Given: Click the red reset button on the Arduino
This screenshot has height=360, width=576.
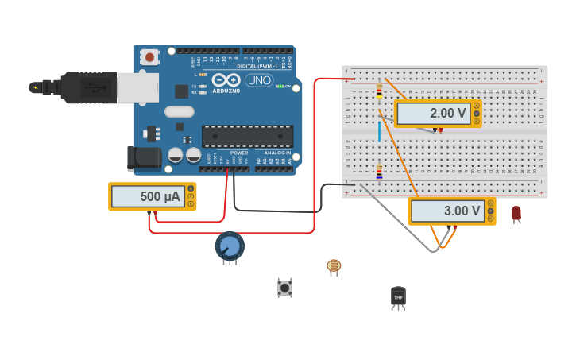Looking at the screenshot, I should point(149,56).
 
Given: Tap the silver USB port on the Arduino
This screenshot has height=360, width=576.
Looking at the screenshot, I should point(137,87).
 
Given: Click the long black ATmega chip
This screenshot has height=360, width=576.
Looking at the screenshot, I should point(247,136).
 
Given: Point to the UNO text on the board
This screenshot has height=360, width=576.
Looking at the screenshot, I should point(258,80).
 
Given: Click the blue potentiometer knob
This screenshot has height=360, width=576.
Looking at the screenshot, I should point(230,246).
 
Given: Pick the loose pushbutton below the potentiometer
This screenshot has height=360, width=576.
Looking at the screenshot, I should point(284,287).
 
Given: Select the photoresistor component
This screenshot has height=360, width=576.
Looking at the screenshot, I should point(334,265).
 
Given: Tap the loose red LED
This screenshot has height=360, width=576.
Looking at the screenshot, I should point(516,212).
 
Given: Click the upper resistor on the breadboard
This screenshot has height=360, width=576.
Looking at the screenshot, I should point(379,92).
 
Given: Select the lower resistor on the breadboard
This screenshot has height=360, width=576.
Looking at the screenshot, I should point(379,171).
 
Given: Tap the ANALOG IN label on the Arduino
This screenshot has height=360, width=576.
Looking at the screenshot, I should point(277,153).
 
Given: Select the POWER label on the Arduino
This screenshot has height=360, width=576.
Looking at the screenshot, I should point(239,153).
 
